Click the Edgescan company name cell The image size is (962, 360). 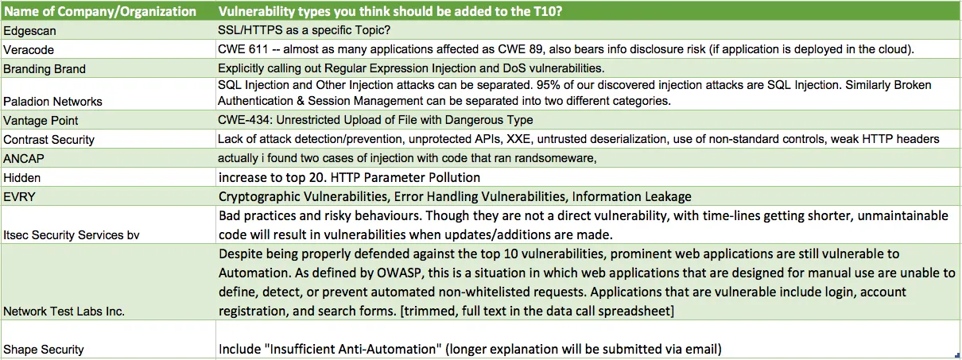(29, 31)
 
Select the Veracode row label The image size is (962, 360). (29, 50)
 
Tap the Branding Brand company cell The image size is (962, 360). (45, 68)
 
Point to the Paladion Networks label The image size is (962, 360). (52, 101)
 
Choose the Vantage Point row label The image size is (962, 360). (41, 121)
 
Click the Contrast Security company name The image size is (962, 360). (48, 139)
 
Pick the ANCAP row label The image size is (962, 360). (24, 159)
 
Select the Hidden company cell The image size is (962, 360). (21, 178)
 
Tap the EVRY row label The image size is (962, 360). (19, 197)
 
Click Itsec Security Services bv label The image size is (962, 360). (72, 235)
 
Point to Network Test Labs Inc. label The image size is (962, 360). (64, 311)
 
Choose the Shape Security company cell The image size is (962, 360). (44, 350)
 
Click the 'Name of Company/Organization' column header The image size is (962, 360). (100, 11)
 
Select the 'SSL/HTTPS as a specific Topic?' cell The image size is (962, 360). (304, 30)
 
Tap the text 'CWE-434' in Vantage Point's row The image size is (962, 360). (245, 120)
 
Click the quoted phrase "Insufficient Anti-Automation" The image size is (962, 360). (354, 350)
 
